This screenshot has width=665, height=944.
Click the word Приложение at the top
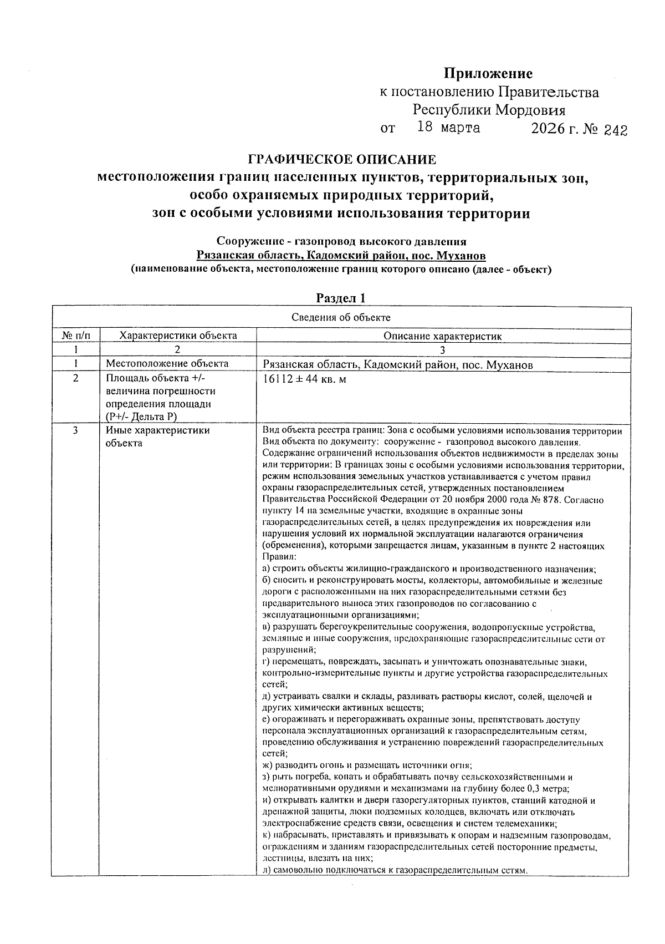click(x=488, y=74)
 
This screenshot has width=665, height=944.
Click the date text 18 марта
click(x=448, y=128)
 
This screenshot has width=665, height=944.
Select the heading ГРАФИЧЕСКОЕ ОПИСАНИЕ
click(x=341, y=160)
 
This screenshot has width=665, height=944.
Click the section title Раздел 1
click(x=341, y=298)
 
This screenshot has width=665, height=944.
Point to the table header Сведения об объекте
click(x=341, y=317)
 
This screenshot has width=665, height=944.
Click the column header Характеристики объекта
click(x=178, y=336)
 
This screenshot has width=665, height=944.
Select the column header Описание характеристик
click(x=442, y=336)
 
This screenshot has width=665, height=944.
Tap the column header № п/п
click(x=75, y=336)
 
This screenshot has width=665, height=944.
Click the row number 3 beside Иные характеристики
click(x=75, y=430)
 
